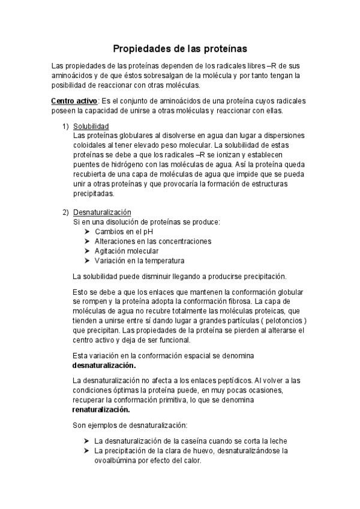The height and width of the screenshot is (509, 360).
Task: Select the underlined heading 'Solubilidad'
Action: coord(91,127)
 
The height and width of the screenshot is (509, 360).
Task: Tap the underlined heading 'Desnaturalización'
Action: coord(102,212)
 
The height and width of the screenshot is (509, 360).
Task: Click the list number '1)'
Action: coord(66,127)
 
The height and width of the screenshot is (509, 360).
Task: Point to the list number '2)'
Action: coord(66,212)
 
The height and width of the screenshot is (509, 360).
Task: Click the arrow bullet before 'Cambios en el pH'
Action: coord(88,232)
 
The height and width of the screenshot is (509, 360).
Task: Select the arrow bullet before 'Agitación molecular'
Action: coord(88,251)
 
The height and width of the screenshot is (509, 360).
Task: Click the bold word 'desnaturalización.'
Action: coord(104,364)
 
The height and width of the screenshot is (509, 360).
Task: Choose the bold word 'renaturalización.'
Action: coord(101,409)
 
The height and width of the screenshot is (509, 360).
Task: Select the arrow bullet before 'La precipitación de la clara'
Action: coord(88,451)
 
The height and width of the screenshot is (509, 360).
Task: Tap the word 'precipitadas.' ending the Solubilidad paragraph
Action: coord(92,194)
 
